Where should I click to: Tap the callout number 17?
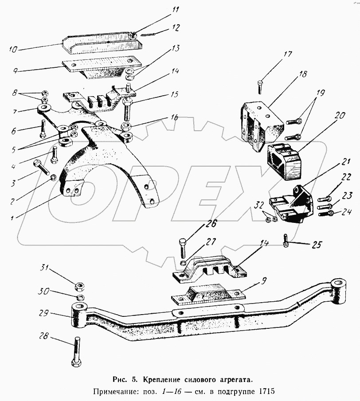[x=288, y=55]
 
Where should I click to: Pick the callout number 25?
[x=316, y=244]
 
